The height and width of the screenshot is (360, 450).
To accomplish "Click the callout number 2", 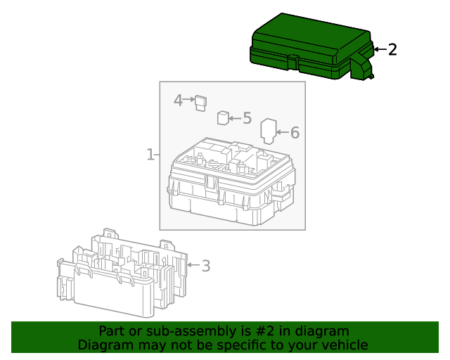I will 392,49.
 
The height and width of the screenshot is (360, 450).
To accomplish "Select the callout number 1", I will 150,154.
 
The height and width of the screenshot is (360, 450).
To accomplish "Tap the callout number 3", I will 205,266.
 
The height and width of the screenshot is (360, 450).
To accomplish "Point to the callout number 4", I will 179,101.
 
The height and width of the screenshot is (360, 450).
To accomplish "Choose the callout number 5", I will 247,118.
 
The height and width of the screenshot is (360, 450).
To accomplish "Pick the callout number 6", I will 295,132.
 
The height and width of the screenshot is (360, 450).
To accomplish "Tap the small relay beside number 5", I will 223,117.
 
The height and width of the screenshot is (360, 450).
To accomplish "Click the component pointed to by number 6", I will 269,131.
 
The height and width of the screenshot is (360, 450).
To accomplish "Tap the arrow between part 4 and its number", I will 189,101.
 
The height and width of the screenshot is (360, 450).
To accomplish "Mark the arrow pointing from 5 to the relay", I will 235,118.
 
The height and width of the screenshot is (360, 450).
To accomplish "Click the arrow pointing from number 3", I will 192,266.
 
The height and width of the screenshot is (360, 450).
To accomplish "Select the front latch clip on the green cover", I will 293,62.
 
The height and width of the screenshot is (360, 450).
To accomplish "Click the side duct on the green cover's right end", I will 361,65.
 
